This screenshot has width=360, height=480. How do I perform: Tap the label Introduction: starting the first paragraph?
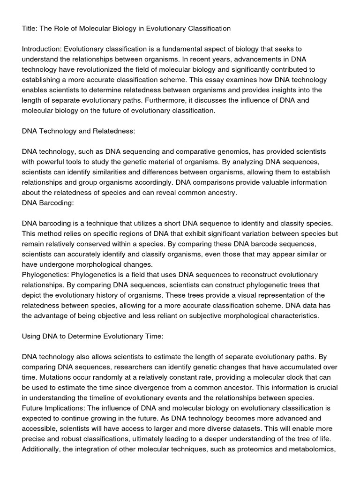(x=42, y=49)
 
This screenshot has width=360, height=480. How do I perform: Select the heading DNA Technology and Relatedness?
(x=78, y=131)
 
